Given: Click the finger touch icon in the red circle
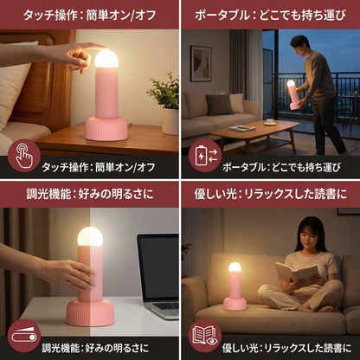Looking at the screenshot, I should (x=23, y=156).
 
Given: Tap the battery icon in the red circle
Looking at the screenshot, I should (x=205, y=156).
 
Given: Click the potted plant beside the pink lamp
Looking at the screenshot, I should (x=164, y=100).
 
